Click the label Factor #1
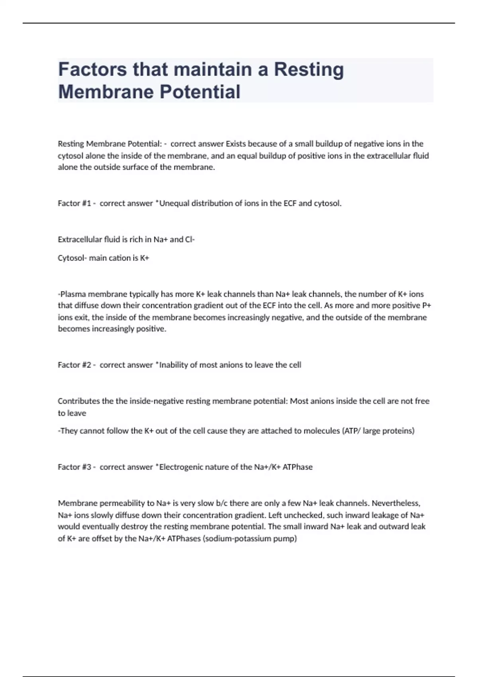pyautogui.click(x=74, y=203)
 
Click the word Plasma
pyautogui.click(x=73, y=294)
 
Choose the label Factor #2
pyautogui.click(x=74, y=365)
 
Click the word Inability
pyautogui.click(x=174, y=365)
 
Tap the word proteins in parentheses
pyautogui.click(x=399, y=431)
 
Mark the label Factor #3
pyautogui.click(x=74, y=467)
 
